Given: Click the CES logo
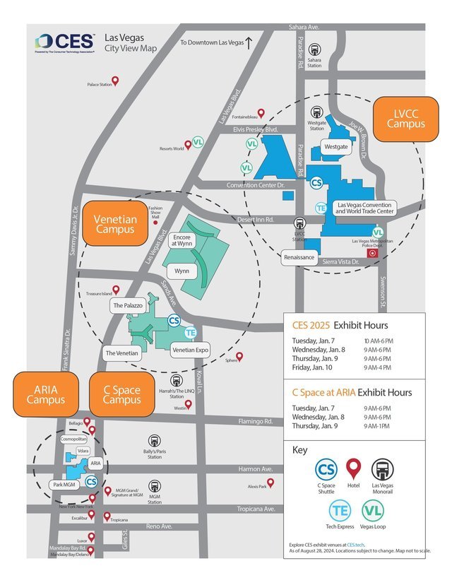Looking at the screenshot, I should [64, 42].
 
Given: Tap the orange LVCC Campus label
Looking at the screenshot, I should [406, 118].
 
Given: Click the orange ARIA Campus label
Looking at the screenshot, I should [46, 394].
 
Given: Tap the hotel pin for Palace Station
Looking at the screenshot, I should [116, 81].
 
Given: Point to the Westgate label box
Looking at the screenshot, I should [335, 147].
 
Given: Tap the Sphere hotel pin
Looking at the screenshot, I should [239, 356].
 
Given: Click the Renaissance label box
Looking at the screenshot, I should [299, 257].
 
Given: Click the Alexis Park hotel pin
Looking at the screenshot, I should [270, 483].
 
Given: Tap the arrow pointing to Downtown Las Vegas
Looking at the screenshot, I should [249, 42].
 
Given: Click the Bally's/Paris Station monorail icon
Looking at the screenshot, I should [154, 441].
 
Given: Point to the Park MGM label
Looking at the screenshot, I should [64, 485].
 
